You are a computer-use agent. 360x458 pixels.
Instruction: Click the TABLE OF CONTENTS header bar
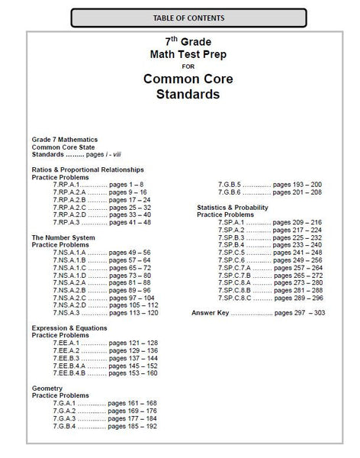[x=180, y=17]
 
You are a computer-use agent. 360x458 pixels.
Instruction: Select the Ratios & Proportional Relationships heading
[x=88, y=169]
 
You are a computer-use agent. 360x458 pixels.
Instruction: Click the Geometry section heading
[x=48, y=388]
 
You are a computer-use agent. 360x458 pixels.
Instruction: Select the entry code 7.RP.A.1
[x=66, y=184]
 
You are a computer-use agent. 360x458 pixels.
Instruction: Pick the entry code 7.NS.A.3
[x=66, y=312]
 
